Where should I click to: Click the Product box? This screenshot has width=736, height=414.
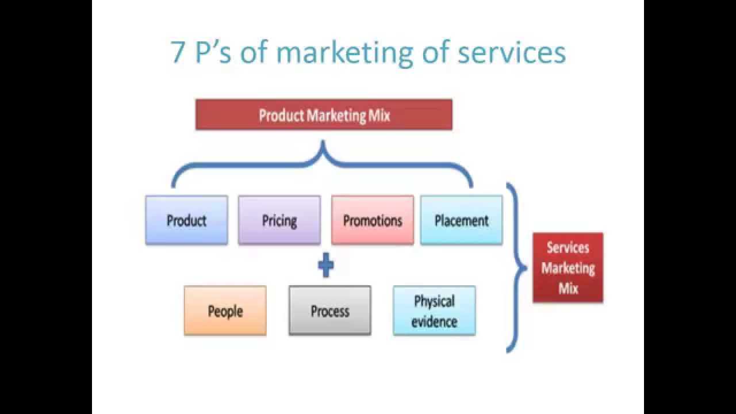pyautogui.click(x=186, y=220)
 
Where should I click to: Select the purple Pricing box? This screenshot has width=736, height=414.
pyautogui.click(x=279, y=220)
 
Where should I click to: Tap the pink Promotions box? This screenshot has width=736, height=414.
pyautogui.click(x=373, y=220)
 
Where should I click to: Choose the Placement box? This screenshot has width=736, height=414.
pyautogui.click(x=461, y=220)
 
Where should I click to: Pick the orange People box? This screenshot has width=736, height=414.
pyautogui.click(x=225, y=311)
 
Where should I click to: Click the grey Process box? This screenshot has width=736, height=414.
pyautogui.click(x=330, y=311)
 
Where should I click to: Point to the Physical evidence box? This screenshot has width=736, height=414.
pyautogui.click(x=434, y=311)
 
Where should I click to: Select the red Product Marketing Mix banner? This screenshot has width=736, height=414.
pyautogui.click(x=324, y=115)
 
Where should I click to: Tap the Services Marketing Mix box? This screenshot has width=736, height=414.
pyautogui.click(x=568, y=268)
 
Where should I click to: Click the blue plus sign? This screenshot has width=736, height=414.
pyautogui.click(x=325, y=266)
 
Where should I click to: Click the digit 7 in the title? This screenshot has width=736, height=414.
pyautogui.click(x=178, y=53)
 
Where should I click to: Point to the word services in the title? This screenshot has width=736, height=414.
pyautogui.click(x=512, y=53)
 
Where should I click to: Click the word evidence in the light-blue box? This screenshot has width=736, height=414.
pyautogui.click(x=434, y=321)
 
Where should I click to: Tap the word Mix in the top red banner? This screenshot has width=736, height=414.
pyautogui.click(x=378, y=116)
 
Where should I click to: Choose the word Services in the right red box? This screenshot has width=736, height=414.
pyautogui.click(x=568, y=248)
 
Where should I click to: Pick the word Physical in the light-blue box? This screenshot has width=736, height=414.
pyautogui.click(x=434, y=301)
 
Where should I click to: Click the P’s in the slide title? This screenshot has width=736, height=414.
pyautogui.click(x=213, y=53)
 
